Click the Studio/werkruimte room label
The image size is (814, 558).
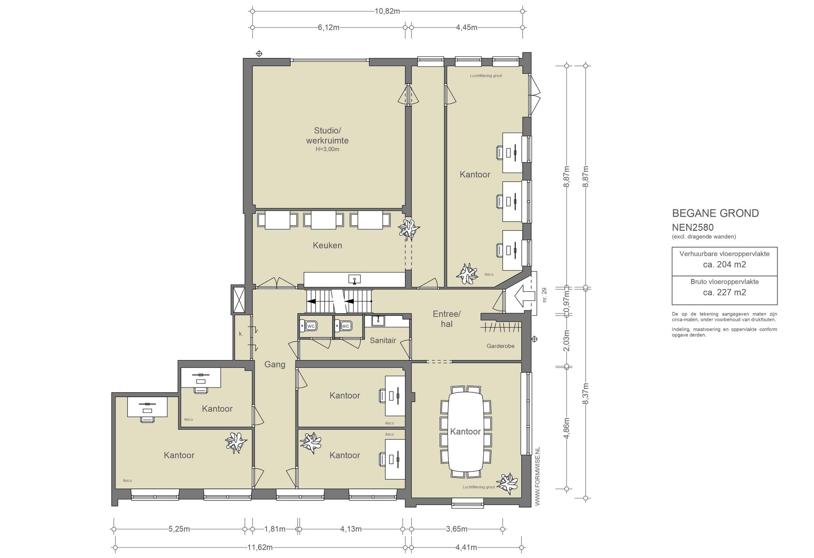[x=327, y=135]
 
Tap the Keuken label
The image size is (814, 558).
[x=327, y=245]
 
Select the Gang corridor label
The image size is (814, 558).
[x=275, y=364]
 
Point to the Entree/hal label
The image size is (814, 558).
[x=446, y=319]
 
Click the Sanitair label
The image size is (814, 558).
[x=383, y=340]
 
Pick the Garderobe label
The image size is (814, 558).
[x=500, y=346]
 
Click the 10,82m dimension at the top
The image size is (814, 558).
[x=387, y=11]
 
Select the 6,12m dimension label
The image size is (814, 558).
[x=328, y=27]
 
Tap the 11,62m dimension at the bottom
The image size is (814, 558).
[x=260, y=547]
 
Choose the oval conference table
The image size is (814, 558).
[x=465, y=432]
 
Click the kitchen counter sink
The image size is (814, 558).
[x=355, y=279]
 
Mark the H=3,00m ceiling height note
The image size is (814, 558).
[x=327, y=149]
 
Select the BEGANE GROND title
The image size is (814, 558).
[x=715, y=213]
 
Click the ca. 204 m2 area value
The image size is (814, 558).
[x=725, y=265]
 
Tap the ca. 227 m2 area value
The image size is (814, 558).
[x=725, y=293]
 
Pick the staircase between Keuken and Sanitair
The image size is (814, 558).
[x=339, y=301]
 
